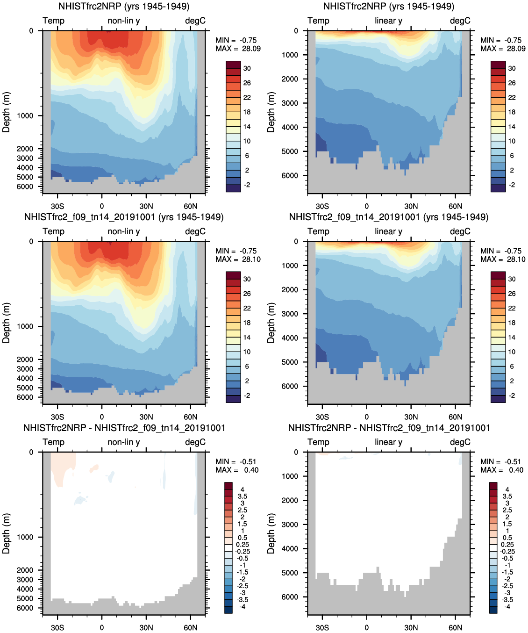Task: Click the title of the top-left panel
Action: coord(124,7)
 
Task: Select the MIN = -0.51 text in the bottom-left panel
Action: coord(236,462)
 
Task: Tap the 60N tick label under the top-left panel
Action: coord(191,206)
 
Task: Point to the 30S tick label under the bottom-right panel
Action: coord(322,627)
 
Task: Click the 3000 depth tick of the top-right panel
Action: coord(290,103)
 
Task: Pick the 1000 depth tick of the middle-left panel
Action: coord(25,326)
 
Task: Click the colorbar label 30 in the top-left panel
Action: coord(247,68)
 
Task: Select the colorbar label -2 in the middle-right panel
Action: coord(512,396)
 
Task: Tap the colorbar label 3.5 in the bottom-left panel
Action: coord(243,496)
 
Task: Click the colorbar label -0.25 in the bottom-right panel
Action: coord(507,551)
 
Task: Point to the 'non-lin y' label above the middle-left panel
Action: coord(124,231)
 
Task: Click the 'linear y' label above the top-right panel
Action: coord(388,21)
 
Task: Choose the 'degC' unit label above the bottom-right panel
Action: coord(460,442)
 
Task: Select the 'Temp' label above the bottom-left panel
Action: coord(53,442)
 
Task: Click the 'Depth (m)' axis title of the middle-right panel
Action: coord(271,323)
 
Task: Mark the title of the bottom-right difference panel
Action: coord(389,428)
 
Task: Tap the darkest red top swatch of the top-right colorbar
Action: coord(498,65)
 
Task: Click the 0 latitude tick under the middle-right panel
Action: coord(367,417)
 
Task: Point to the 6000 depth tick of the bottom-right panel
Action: coord(290,597)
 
